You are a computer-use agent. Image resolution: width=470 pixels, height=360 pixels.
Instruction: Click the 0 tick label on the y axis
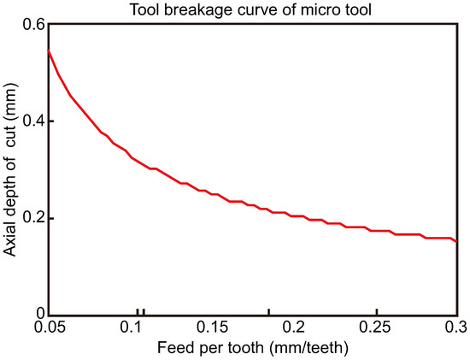tap(38, 315)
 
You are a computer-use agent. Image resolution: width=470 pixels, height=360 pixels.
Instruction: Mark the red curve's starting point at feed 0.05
tap(48, 50)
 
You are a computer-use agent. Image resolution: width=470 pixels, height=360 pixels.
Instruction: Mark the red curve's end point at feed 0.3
tap(457, 242)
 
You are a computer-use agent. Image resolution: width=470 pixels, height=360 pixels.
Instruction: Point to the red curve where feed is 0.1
tap(130, 156)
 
